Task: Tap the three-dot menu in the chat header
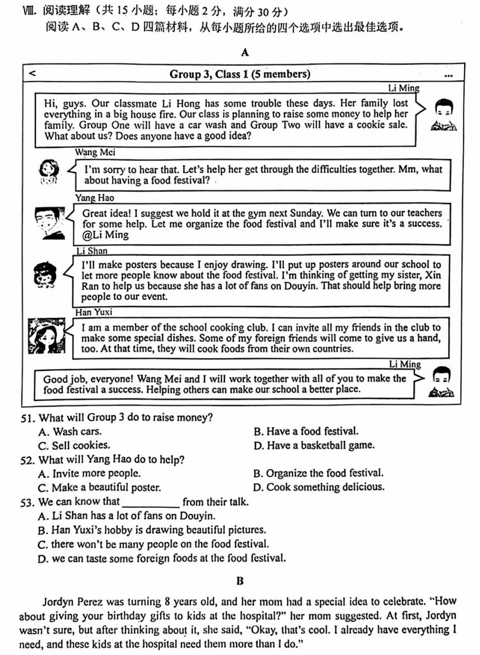click(x=449, y=76)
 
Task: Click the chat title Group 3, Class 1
click(x=239, y=74)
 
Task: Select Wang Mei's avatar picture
click(x=50, y=171)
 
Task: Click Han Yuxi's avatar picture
click(x=45, y=335)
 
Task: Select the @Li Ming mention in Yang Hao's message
click(x=105, y=235)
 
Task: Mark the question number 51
click(x=27, y=418)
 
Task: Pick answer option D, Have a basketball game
click(x=314, y=445)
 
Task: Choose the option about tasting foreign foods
click(x=162, y=559)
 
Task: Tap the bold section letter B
click(x=240, y=581)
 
